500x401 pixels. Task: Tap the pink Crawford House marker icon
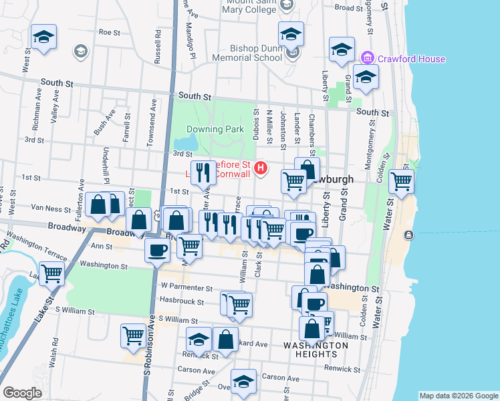click(366, 59)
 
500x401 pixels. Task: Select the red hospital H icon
click(261, 168)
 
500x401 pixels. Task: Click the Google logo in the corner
click(22, 393)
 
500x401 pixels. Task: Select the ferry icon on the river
click(409, 235)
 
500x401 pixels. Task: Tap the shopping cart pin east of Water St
click(401, 180)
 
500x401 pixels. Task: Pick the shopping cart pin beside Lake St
click(51, 271)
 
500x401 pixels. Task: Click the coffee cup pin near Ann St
click(157, 250)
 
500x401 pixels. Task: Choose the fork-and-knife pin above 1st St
click(204, 172)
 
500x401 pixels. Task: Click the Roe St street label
click(109, 31)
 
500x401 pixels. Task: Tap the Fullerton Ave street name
click(81, 191)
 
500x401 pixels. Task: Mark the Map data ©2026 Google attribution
click(458, 395)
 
